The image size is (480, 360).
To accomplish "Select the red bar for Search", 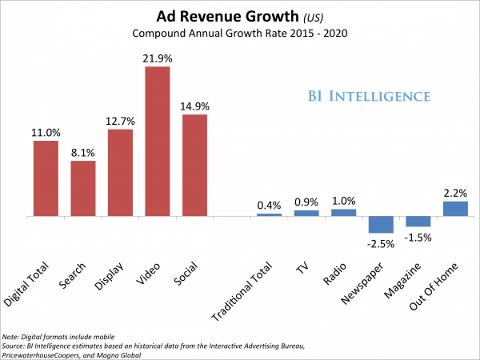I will pos(83,188).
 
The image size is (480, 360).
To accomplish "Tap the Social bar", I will pos(194,165).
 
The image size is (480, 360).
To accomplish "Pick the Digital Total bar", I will pos(46,178).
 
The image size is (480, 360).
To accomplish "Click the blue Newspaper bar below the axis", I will pos(380,224).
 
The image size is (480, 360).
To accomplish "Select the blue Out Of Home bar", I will pos(454,208).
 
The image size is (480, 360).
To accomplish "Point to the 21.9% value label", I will pos(157,58).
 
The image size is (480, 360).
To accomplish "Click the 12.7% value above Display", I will pos(120,122).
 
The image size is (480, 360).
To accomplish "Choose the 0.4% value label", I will pos(269,206).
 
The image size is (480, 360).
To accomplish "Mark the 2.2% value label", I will pos(454,193).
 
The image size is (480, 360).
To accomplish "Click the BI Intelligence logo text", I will pos(369,96).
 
